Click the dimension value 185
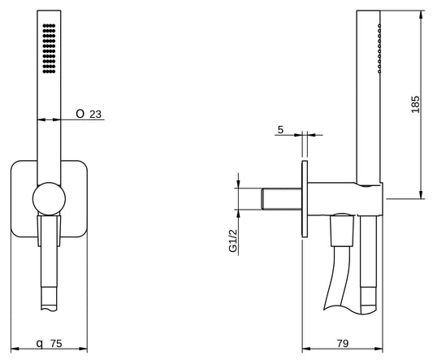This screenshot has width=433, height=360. pyautogui.click(x=416, y=104)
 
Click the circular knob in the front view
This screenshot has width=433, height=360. pyautogui.click(x=50, y=198)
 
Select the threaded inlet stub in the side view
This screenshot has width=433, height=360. pyautogui.click(x=279, y=199)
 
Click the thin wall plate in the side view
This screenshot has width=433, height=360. pyautogui.click(x=305, y=199)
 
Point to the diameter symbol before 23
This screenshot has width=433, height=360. pyautogui.click(x=80, y=115)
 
